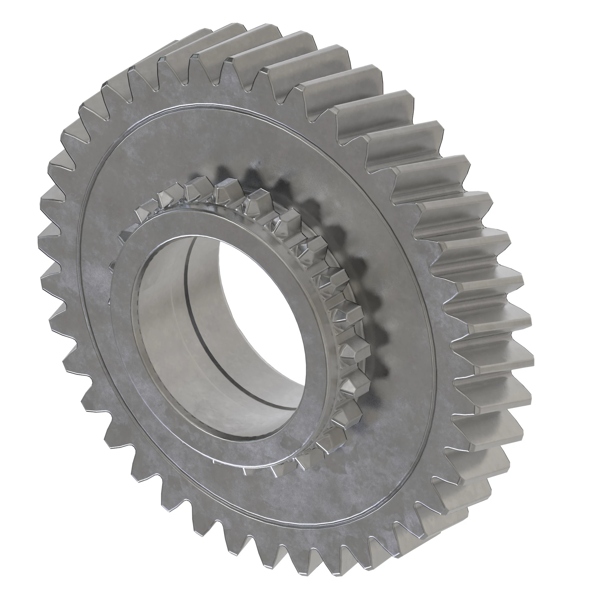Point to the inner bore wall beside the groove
168,327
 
